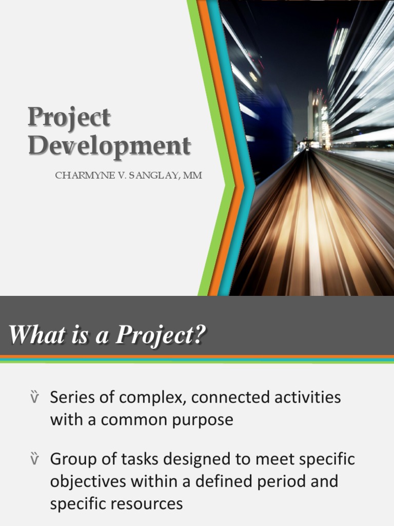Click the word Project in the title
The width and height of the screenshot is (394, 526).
(69, 118)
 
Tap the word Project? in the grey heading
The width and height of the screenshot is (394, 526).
(161, 336)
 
